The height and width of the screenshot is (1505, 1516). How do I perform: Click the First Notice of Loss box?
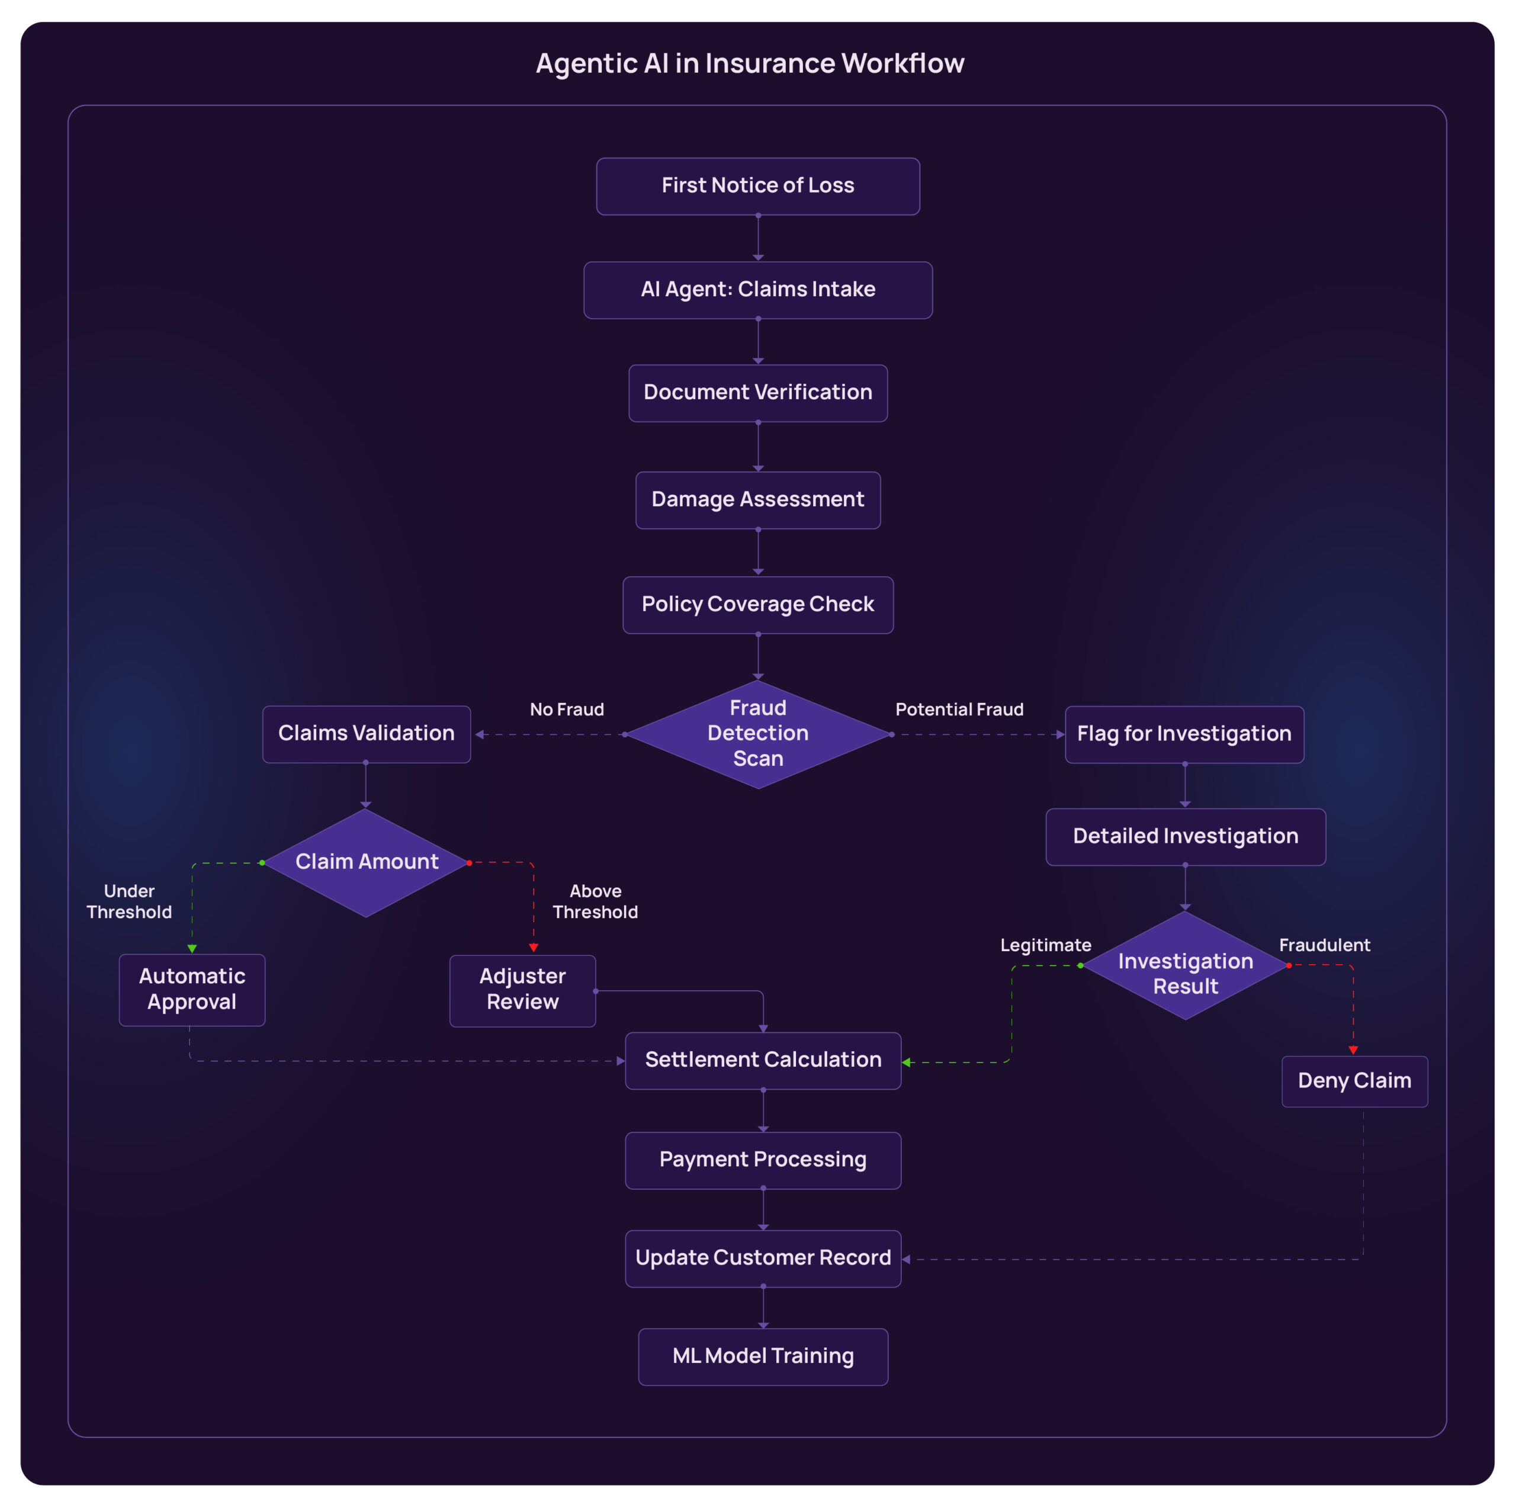pyautogui.click(x=757, y=186)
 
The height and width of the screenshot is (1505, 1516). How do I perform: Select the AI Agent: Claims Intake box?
pyautogui.click(x=757, y=290)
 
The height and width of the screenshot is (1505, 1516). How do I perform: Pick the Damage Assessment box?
pyautogui.click(x=757, y=500)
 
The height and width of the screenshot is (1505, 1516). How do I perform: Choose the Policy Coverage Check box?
pyautogui.click(x=757, y=604)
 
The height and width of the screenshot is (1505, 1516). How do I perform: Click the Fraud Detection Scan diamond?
pyautogui.click(x=757, y=734)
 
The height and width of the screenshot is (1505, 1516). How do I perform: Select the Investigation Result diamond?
pyautogui.click(x=1185, y=965)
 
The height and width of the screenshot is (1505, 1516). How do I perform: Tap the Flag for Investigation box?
pyautogui.click(x=1184, y=734)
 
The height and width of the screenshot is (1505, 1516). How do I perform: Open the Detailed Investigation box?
pyautogui.click(x=1185, y=836)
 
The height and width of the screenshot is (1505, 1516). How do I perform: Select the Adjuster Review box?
pyautogui.click(x=522, y=990)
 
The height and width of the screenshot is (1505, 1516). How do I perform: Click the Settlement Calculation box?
pyautogui.click(x=763, y=1060)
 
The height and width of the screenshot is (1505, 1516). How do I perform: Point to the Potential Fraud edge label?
pyautogui.click(x=959, y=710)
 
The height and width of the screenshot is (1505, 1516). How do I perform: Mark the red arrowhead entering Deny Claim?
pyautogui.click(x=1353, y=1050)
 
